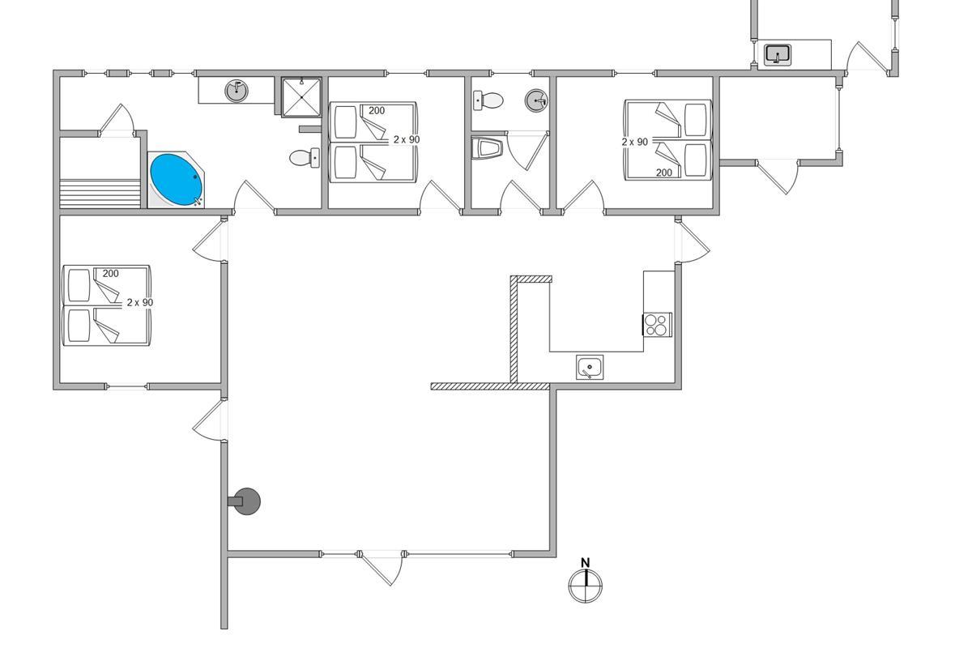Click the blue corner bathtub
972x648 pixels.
tap(176, 178)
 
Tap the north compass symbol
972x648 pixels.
tap(586, 586)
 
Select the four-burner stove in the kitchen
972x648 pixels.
tap(657, 324)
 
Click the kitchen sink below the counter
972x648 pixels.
tap(590, 367)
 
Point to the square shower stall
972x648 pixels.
tap(301, 97)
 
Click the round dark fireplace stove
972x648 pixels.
tap(246, 502)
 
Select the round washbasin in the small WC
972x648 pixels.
tap(536, 100)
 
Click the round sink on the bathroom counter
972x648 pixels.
tap(237, 90)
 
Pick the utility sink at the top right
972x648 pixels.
tap(778, 54)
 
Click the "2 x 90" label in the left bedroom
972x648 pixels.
tap(139, 302)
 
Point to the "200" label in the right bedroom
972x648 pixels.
tap(664, 173)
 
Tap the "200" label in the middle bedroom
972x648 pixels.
tap(377, 111)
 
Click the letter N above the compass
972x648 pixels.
tap(586, 563)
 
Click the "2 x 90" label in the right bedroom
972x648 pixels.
tap(635, 141)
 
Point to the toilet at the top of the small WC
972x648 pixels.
tap(488, 100)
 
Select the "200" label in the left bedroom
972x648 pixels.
tap(111, 274)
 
